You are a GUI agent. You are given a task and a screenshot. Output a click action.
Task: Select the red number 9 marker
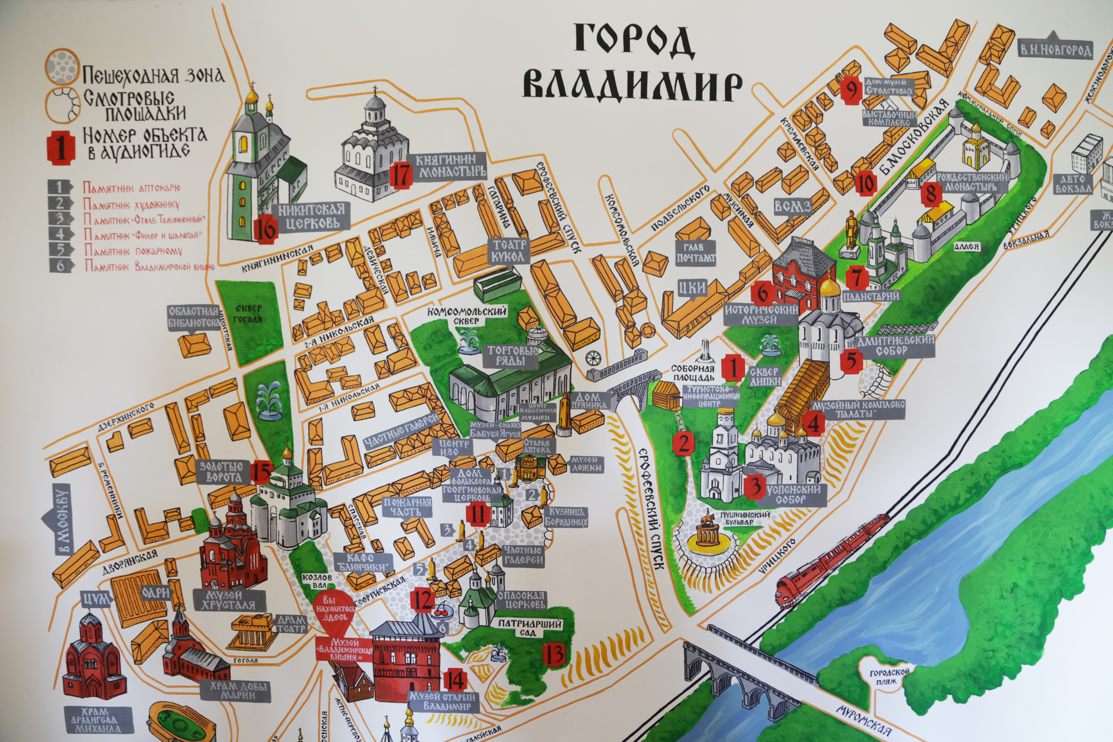point(850,91)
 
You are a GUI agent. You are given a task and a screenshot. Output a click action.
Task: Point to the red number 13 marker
point(554,655)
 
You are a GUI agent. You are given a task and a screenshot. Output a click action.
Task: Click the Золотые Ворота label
point(221,471)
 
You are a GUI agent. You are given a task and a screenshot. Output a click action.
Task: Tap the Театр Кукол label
point(508,250)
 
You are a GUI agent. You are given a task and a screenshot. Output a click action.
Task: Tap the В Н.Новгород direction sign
point(1055,51)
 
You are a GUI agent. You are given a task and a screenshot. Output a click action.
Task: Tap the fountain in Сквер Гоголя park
point(269,399)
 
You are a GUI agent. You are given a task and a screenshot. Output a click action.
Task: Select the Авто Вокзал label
point(1072,184)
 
